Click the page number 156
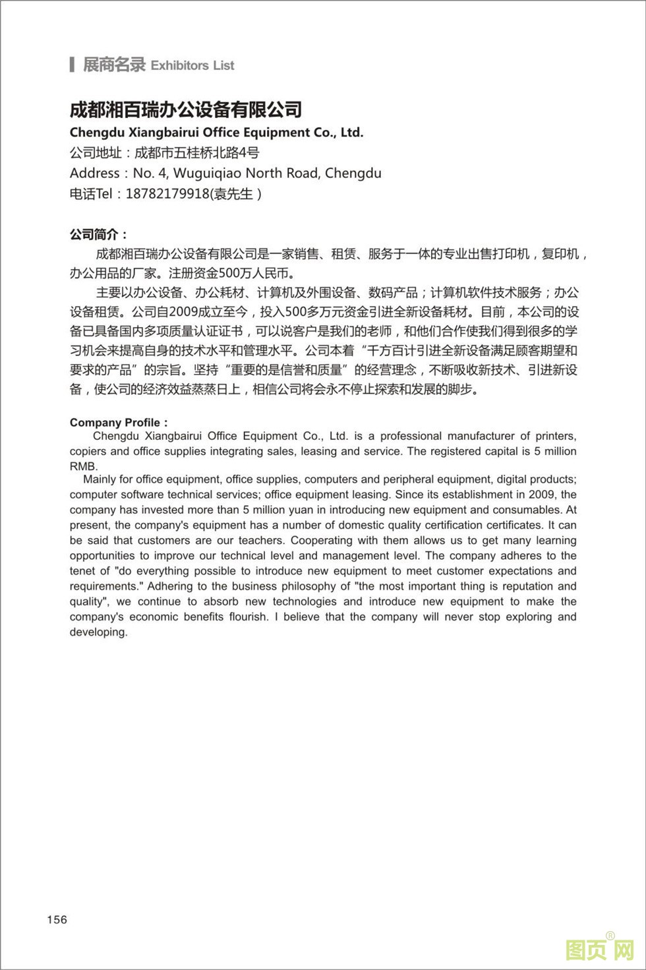click(57, 919)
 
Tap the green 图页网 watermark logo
click(599, 950)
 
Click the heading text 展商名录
click(113, 65)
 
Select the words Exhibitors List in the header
click(192, 65)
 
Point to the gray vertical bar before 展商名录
click(72, 65)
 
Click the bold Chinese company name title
click(186, 109)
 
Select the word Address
click(94, 173)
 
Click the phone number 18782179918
click(165, 194)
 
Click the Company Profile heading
click(115, 423)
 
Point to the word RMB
click(83, 466)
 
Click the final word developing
click(98, 632)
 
